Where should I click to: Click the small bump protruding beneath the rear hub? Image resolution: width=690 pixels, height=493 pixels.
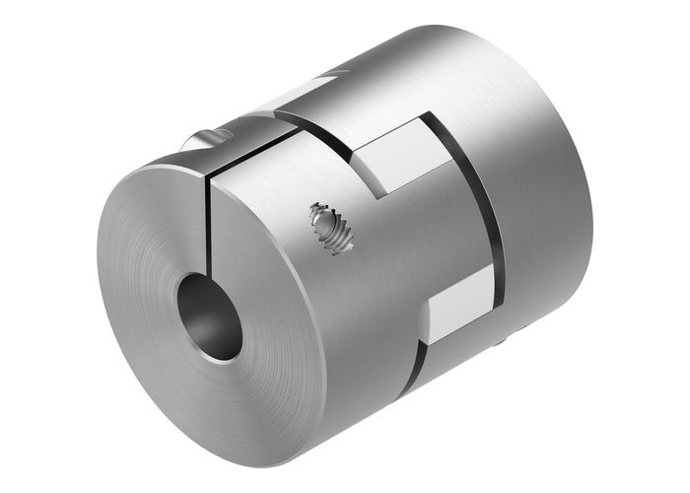505,341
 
